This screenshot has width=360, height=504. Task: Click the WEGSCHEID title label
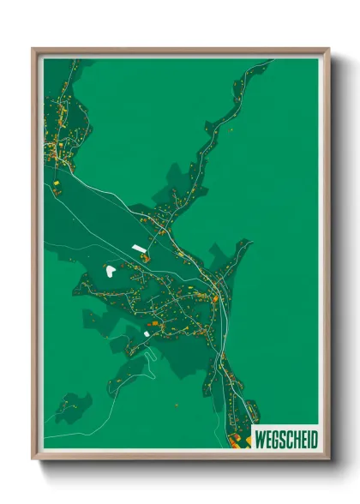[285, 440]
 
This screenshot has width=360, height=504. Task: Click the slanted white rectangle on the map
[139, 249]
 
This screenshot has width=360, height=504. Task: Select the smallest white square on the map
[147, 333]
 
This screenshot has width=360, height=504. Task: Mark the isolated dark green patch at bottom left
[72, 406]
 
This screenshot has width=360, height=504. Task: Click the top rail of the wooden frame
[180, 51]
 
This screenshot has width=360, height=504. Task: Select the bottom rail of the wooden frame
[180, 456]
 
